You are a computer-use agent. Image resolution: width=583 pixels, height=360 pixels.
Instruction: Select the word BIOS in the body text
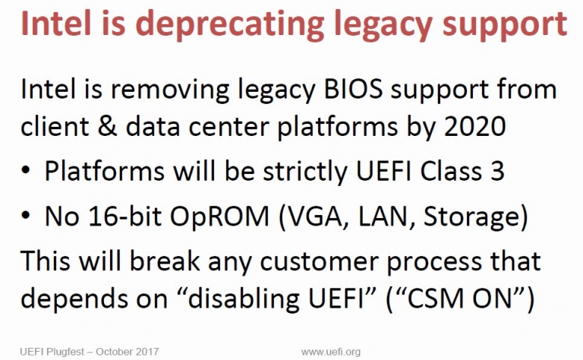[353, 90]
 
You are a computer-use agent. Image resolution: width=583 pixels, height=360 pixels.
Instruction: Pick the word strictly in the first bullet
[305, 172]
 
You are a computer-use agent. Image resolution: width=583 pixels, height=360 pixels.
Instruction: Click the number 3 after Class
[497, 171]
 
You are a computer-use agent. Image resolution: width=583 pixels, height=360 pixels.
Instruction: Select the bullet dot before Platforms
[25, 172]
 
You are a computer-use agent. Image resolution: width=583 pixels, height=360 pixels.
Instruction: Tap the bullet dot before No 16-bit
[25, 216]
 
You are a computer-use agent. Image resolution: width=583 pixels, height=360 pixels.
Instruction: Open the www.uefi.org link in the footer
[331, 352]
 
